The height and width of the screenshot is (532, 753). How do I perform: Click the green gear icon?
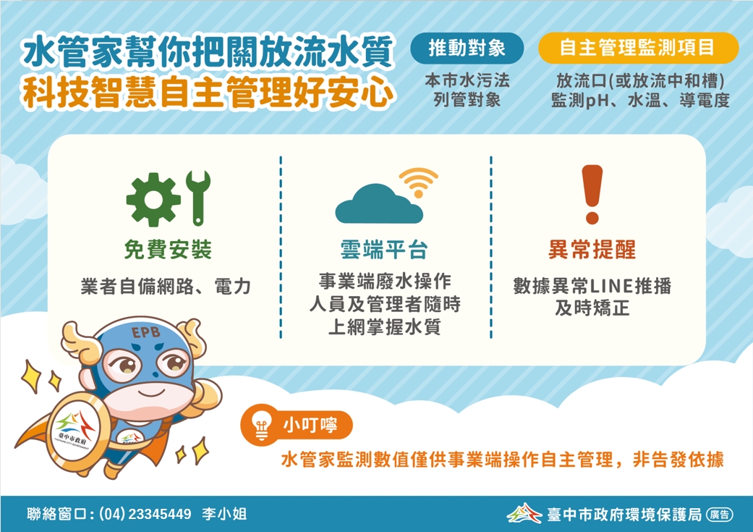pos(153,199)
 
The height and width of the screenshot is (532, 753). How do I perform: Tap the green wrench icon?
pos(198,198)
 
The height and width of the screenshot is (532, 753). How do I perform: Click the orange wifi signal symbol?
pos(418,182)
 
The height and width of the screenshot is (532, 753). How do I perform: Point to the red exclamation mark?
pos(592,194)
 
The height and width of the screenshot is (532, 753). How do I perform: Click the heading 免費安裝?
pos(168,250)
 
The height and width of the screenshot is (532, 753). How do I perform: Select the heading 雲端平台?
pos(383,250)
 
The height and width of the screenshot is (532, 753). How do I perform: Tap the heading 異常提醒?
pos(592,250)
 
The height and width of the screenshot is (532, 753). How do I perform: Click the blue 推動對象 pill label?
pos(467,48)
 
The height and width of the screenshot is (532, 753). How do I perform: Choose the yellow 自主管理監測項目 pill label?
pos(638,48)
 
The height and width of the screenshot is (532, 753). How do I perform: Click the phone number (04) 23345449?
pos(145,514)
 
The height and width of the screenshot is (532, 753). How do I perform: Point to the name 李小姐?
pos(224,514)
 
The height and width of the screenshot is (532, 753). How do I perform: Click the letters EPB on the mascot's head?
pos(145,332)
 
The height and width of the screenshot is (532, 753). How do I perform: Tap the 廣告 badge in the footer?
pos(720,515)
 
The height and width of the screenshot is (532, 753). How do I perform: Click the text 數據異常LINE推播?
pos(592,286)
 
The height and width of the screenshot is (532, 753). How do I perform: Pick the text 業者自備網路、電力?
pos(166,287)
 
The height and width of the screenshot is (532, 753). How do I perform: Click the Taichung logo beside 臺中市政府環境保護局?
pos(524,513)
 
